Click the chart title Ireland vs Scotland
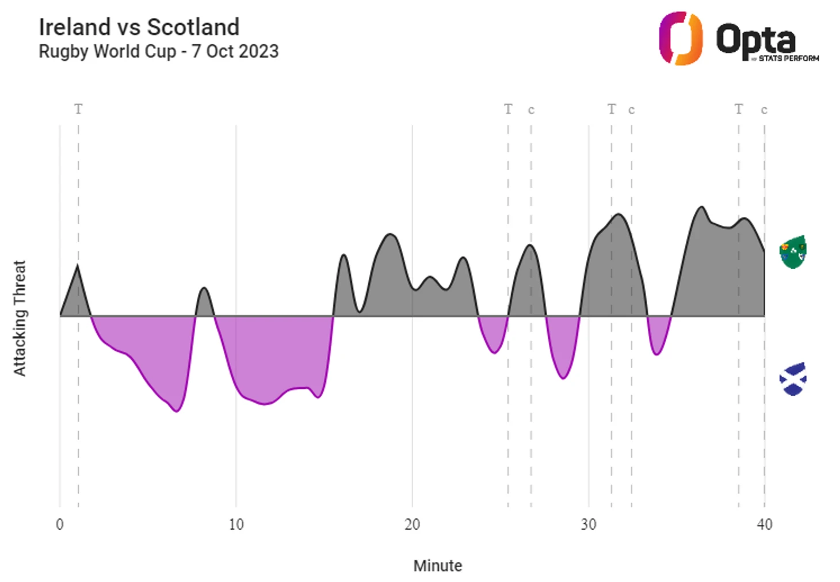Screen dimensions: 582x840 (x=139, y=27)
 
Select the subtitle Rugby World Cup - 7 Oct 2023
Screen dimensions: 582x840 (x=158, y=52)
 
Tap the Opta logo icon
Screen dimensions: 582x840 (x=681, y=39)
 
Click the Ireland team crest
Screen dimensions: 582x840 (x=793, y=252)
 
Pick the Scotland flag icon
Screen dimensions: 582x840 (x=793, y=379)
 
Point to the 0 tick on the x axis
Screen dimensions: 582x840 (x=60, y=524)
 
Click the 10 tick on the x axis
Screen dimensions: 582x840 (x=236, y=524)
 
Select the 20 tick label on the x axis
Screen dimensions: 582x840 (x=412, y=524)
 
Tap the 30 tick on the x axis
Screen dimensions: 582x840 (x=588, y=524)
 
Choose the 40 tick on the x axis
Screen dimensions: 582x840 (x=764, y=524)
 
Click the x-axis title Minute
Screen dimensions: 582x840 (x=437, y=566)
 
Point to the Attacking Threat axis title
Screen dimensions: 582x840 (x=20, y=318)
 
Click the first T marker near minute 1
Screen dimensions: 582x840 (x=78, y=109)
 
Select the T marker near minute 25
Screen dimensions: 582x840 (x=508, y=109)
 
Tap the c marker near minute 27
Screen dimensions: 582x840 (x=531, y=110)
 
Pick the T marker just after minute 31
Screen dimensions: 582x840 (x=612, y=109)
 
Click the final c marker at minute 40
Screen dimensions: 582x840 (x=764, y=110)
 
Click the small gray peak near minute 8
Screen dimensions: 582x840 (x=204, y=289)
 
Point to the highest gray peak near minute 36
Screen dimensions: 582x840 (x=701, y=208)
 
